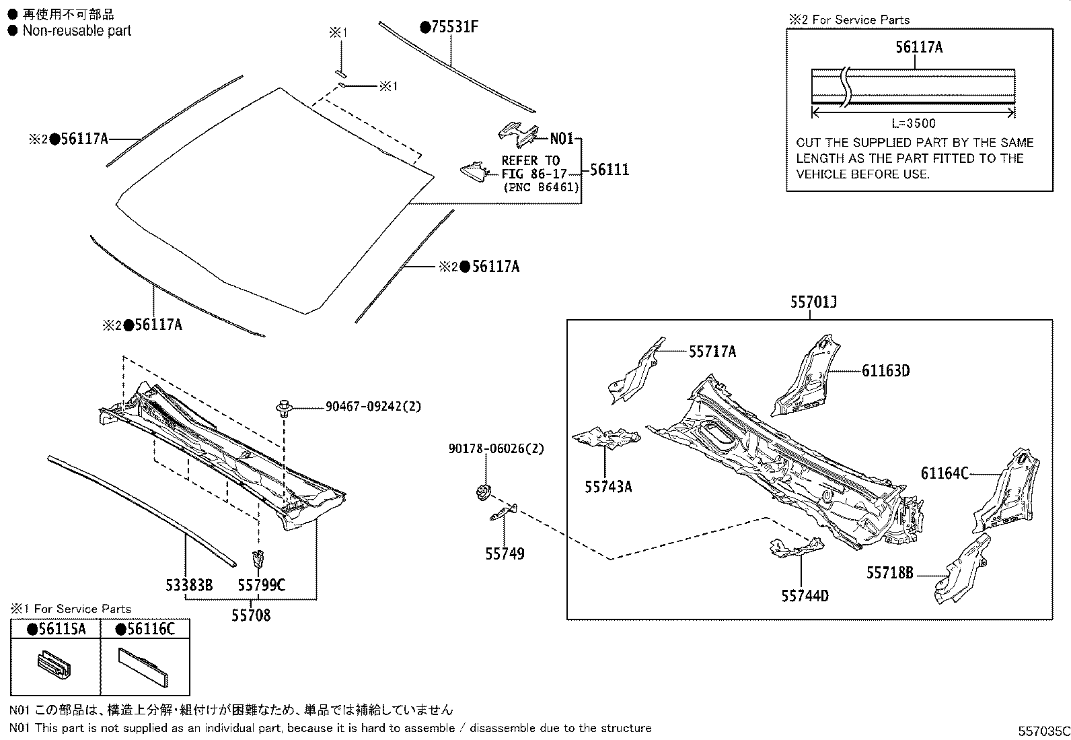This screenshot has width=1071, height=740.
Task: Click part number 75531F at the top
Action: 454,27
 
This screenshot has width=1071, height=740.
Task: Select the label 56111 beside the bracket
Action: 610,170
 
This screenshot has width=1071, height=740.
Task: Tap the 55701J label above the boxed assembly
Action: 813,303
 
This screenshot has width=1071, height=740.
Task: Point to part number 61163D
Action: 885,370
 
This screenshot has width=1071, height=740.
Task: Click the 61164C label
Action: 945,473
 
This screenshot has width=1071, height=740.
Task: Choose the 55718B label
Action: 889,573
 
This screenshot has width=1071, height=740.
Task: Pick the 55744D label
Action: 805,595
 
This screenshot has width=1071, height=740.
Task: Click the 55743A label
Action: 608,486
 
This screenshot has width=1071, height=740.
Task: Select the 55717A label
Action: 712,351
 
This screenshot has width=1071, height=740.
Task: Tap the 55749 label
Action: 505,553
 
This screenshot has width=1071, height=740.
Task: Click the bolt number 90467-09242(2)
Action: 373,407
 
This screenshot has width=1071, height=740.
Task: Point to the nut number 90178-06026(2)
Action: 496,448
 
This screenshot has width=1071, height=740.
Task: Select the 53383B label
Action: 189,585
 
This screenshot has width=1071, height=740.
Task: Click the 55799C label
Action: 261,585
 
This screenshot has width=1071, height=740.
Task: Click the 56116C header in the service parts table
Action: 145,629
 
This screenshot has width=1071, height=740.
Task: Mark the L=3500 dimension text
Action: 913,123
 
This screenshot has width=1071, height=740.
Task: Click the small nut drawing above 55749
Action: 482,493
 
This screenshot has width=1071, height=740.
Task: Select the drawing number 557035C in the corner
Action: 1043,731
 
